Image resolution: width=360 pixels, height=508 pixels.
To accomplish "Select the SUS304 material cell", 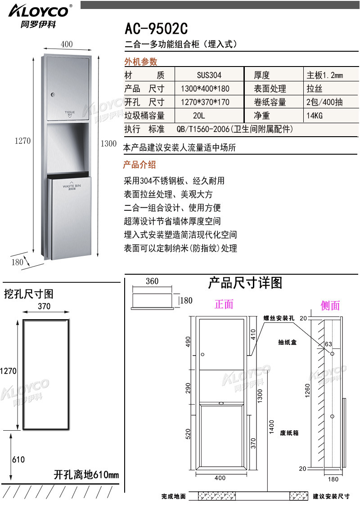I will pos(209,76).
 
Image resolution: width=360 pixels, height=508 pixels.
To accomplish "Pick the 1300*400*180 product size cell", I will pos(205,89).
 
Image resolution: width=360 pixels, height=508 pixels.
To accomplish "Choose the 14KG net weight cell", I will pos(315,116).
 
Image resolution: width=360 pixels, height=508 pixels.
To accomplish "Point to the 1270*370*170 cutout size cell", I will pos(205,102).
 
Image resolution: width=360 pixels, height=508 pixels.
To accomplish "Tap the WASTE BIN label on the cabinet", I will pos(72,185).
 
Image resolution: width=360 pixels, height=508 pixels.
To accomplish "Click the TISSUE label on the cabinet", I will pos(70,111).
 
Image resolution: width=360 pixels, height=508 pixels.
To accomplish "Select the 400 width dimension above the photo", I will pos(67,44).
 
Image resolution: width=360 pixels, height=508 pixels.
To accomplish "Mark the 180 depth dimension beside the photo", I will pos(17,262).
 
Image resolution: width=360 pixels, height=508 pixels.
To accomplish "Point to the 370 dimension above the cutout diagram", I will pos(44,307).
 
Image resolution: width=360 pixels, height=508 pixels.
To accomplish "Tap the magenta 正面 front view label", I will pos(224,304).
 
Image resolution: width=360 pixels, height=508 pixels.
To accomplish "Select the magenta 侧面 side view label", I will pos(330,306).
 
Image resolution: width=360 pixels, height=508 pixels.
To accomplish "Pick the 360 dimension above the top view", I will pos(152,281).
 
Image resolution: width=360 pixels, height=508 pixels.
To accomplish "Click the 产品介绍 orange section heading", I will pos(139,165).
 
